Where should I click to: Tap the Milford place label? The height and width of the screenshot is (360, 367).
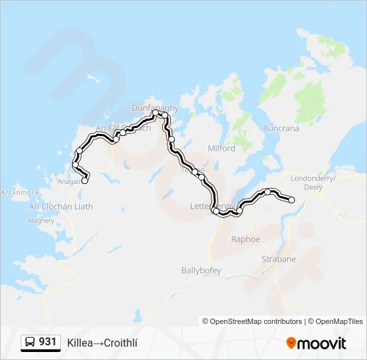tap(222, 149)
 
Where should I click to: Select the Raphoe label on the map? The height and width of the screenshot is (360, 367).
tap(245, 239)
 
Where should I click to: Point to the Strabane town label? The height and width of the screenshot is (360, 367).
tap(278, 259)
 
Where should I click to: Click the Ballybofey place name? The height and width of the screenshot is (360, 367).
tap(201, 270)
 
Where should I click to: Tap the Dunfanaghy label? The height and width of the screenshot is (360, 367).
tap(155, 107)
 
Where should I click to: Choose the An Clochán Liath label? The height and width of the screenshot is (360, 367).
tap(61, 207)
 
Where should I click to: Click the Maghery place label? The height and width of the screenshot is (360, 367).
tap(41, 220)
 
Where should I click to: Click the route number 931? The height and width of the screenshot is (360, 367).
tap(47, 342)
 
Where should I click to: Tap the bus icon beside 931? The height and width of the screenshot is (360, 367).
tap(30, 343)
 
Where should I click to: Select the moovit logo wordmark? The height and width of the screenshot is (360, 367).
tap(322, 343)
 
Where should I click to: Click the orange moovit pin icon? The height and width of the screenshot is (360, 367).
tap(291, 343)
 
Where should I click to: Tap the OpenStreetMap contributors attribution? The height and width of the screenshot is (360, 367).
tap(253, 321)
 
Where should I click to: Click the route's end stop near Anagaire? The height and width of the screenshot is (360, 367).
tap(85, 180)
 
